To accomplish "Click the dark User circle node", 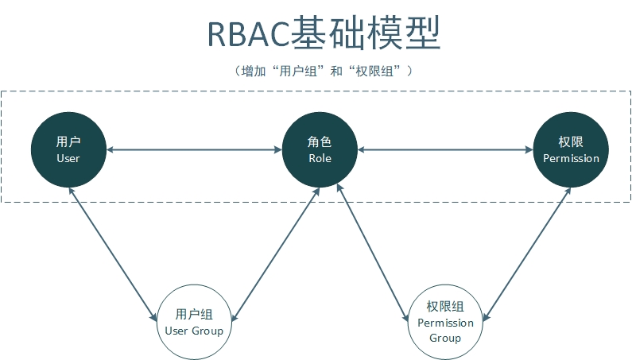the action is (68, 149).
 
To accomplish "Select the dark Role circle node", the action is (320, 149).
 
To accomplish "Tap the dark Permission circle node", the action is (571, 149).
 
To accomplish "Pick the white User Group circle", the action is (194, 322).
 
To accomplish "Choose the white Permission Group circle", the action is (445, 322).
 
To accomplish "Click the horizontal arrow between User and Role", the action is (194, 150).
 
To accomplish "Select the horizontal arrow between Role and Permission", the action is (445, 150).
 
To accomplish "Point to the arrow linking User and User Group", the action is (112, 254).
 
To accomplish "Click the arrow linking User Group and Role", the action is (275, 254).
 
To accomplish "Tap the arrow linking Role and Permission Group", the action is (372, 253).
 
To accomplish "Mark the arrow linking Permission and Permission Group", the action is (527, 254).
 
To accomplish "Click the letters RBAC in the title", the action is (248, 34).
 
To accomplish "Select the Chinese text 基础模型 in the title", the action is (365, 33).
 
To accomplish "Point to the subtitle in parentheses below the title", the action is (324, 72).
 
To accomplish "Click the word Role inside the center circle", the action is (320, 158).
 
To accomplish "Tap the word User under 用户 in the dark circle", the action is (68, 158).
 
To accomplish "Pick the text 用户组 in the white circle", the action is (194, 314).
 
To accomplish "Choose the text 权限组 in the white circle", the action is (445, 307).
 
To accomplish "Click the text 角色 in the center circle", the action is (320, 141).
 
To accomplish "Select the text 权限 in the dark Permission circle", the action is (571, 141).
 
